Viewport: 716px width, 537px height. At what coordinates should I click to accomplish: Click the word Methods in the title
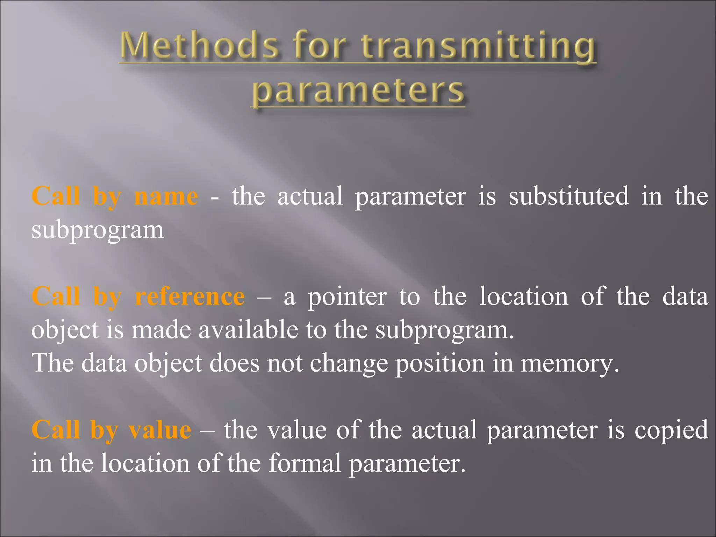click(199, 45)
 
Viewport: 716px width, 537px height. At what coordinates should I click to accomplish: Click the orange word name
click(166, 196)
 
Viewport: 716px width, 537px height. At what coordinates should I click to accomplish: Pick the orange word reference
click(190, 296)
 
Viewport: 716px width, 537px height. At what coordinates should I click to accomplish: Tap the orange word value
click(160, 430)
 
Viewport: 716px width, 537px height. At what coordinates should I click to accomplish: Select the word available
click(248, 330)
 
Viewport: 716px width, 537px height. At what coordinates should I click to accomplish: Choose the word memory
click(570, 364)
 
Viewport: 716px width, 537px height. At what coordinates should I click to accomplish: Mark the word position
click(440, 364)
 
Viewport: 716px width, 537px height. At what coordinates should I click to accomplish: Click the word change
click(349, 364)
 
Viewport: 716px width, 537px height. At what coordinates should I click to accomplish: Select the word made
click(161, 330)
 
